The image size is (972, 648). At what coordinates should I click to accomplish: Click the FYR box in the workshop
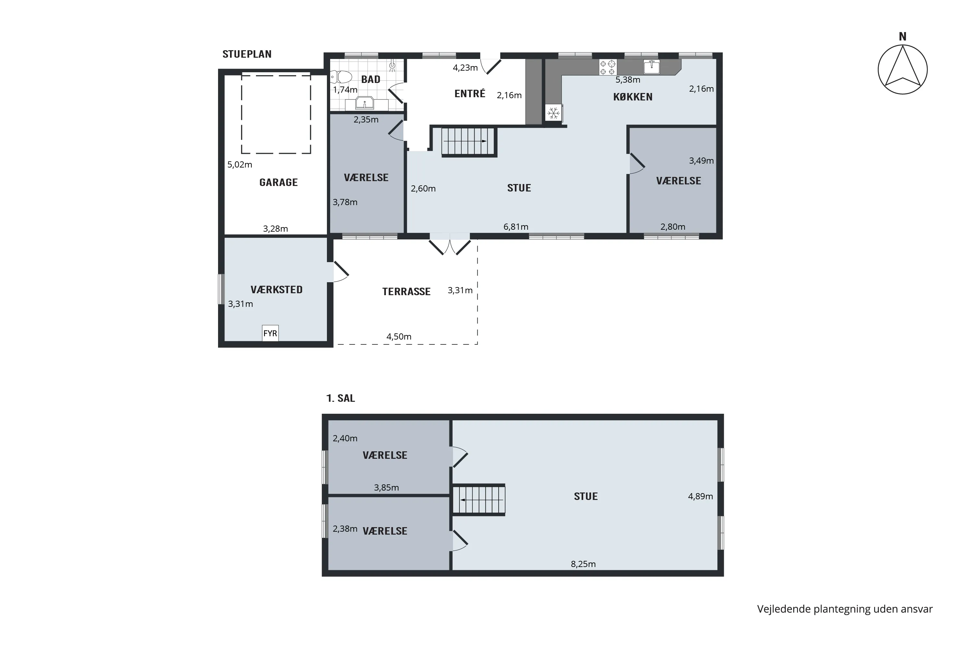270,333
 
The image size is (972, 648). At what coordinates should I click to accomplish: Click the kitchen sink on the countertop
652,66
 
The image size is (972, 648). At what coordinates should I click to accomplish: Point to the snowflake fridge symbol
553,113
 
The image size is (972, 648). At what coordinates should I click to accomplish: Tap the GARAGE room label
279,182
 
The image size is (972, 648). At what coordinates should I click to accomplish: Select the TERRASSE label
406,292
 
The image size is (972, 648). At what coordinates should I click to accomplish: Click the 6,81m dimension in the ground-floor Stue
516,227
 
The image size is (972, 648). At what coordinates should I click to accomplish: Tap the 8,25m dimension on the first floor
583,564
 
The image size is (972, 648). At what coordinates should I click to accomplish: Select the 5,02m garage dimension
240,165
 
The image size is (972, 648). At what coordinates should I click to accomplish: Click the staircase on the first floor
479,500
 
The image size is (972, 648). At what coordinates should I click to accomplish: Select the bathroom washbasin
364,103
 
